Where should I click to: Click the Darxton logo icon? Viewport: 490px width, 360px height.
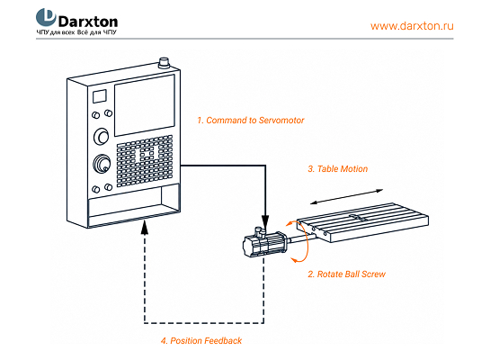point(46,17)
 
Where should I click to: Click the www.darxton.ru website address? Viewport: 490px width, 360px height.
point(412,25)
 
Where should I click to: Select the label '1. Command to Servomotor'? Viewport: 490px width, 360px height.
point(250,121)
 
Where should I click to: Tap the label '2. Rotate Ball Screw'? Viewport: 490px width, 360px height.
point(346,274)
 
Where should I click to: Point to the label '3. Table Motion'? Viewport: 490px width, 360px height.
point(337,169)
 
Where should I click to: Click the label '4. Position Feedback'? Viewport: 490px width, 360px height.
point(201,340)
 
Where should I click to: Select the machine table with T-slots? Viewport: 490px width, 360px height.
point(362,222)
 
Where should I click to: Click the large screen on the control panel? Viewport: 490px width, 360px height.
point(145,105)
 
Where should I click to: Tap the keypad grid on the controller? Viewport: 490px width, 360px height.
point(145,161)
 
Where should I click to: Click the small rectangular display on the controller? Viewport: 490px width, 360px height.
point(100,96)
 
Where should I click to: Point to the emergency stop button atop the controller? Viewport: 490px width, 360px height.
point(164,63)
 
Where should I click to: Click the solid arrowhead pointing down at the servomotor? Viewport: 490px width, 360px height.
point(265,221)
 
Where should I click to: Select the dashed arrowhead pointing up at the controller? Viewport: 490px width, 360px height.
point(145,227)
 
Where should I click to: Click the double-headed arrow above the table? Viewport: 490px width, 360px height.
point(346,197)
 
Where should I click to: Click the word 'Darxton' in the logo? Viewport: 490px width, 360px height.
point(88,22)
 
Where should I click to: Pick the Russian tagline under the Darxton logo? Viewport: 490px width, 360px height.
point(76,32)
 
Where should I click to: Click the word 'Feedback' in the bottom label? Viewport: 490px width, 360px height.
point(223,340)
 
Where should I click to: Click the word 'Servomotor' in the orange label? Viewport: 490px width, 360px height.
point(281,121)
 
